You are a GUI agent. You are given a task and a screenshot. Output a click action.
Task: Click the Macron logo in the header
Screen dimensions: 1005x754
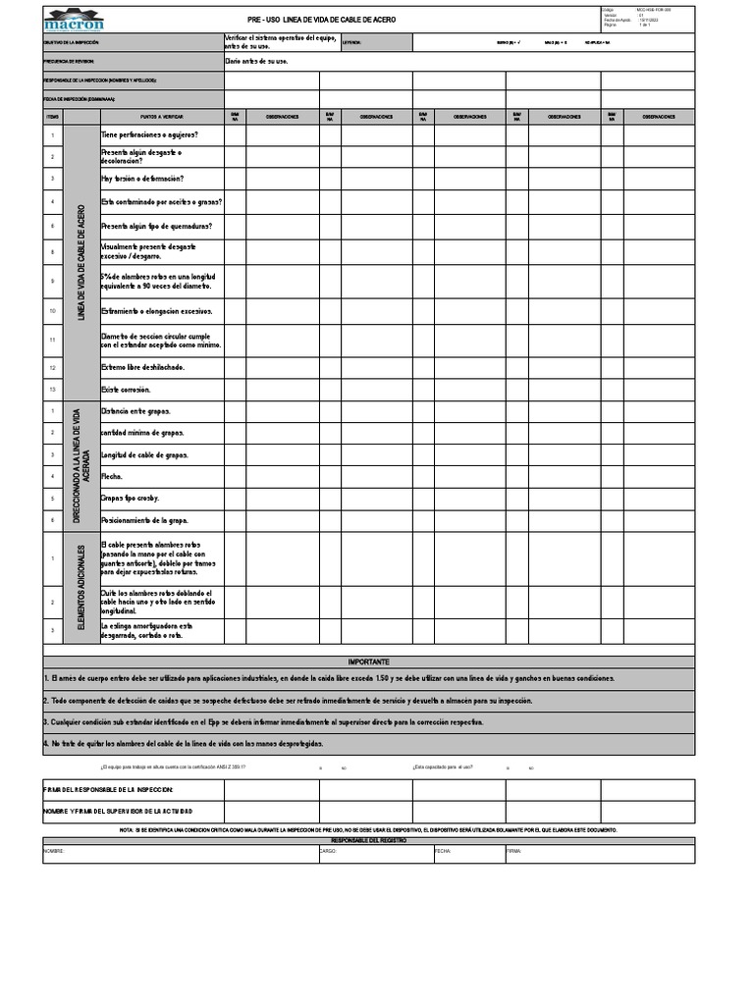pos(75,20)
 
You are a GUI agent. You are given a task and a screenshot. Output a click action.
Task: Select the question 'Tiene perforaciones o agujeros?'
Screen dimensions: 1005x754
pos(149,134)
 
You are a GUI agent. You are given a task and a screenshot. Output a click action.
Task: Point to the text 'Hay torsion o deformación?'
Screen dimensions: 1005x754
pos(142,179)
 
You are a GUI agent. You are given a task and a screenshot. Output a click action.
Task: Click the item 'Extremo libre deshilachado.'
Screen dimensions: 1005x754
pos(142,367)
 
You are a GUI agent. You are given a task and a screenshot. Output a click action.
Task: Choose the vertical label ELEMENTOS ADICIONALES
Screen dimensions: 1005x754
pos(82,587)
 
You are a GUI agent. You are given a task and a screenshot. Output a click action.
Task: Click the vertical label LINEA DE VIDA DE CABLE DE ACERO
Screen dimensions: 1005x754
pos(82,262)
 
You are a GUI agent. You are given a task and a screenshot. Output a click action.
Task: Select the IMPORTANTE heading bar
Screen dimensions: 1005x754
pos(368,661)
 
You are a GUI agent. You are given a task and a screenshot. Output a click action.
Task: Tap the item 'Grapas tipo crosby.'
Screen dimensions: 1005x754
pos(130,498)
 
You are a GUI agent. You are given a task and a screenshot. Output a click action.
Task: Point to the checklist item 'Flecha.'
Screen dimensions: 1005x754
pos(112,476)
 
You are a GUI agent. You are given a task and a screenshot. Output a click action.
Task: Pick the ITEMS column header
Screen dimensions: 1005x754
pos(53,116)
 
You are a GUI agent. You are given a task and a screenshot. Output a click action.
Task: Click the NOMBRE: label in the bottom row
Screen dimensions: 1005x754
pos(54,852)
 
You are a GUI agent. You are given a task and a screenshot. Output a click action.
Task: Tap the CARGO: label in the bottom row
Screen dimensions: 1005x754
pos(329,852)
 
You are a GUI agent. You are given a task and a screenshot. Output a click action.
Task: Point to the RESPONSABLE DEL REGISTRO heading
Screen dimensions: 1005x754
pos(368,841)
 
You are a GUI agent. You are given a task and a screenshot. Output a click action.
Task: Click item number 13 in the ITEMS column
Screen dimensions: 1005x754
pos(53,390)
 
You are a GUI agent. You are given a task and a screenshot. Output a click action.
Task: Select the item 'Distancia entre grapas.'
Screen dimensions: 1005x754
pos(135,411)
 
